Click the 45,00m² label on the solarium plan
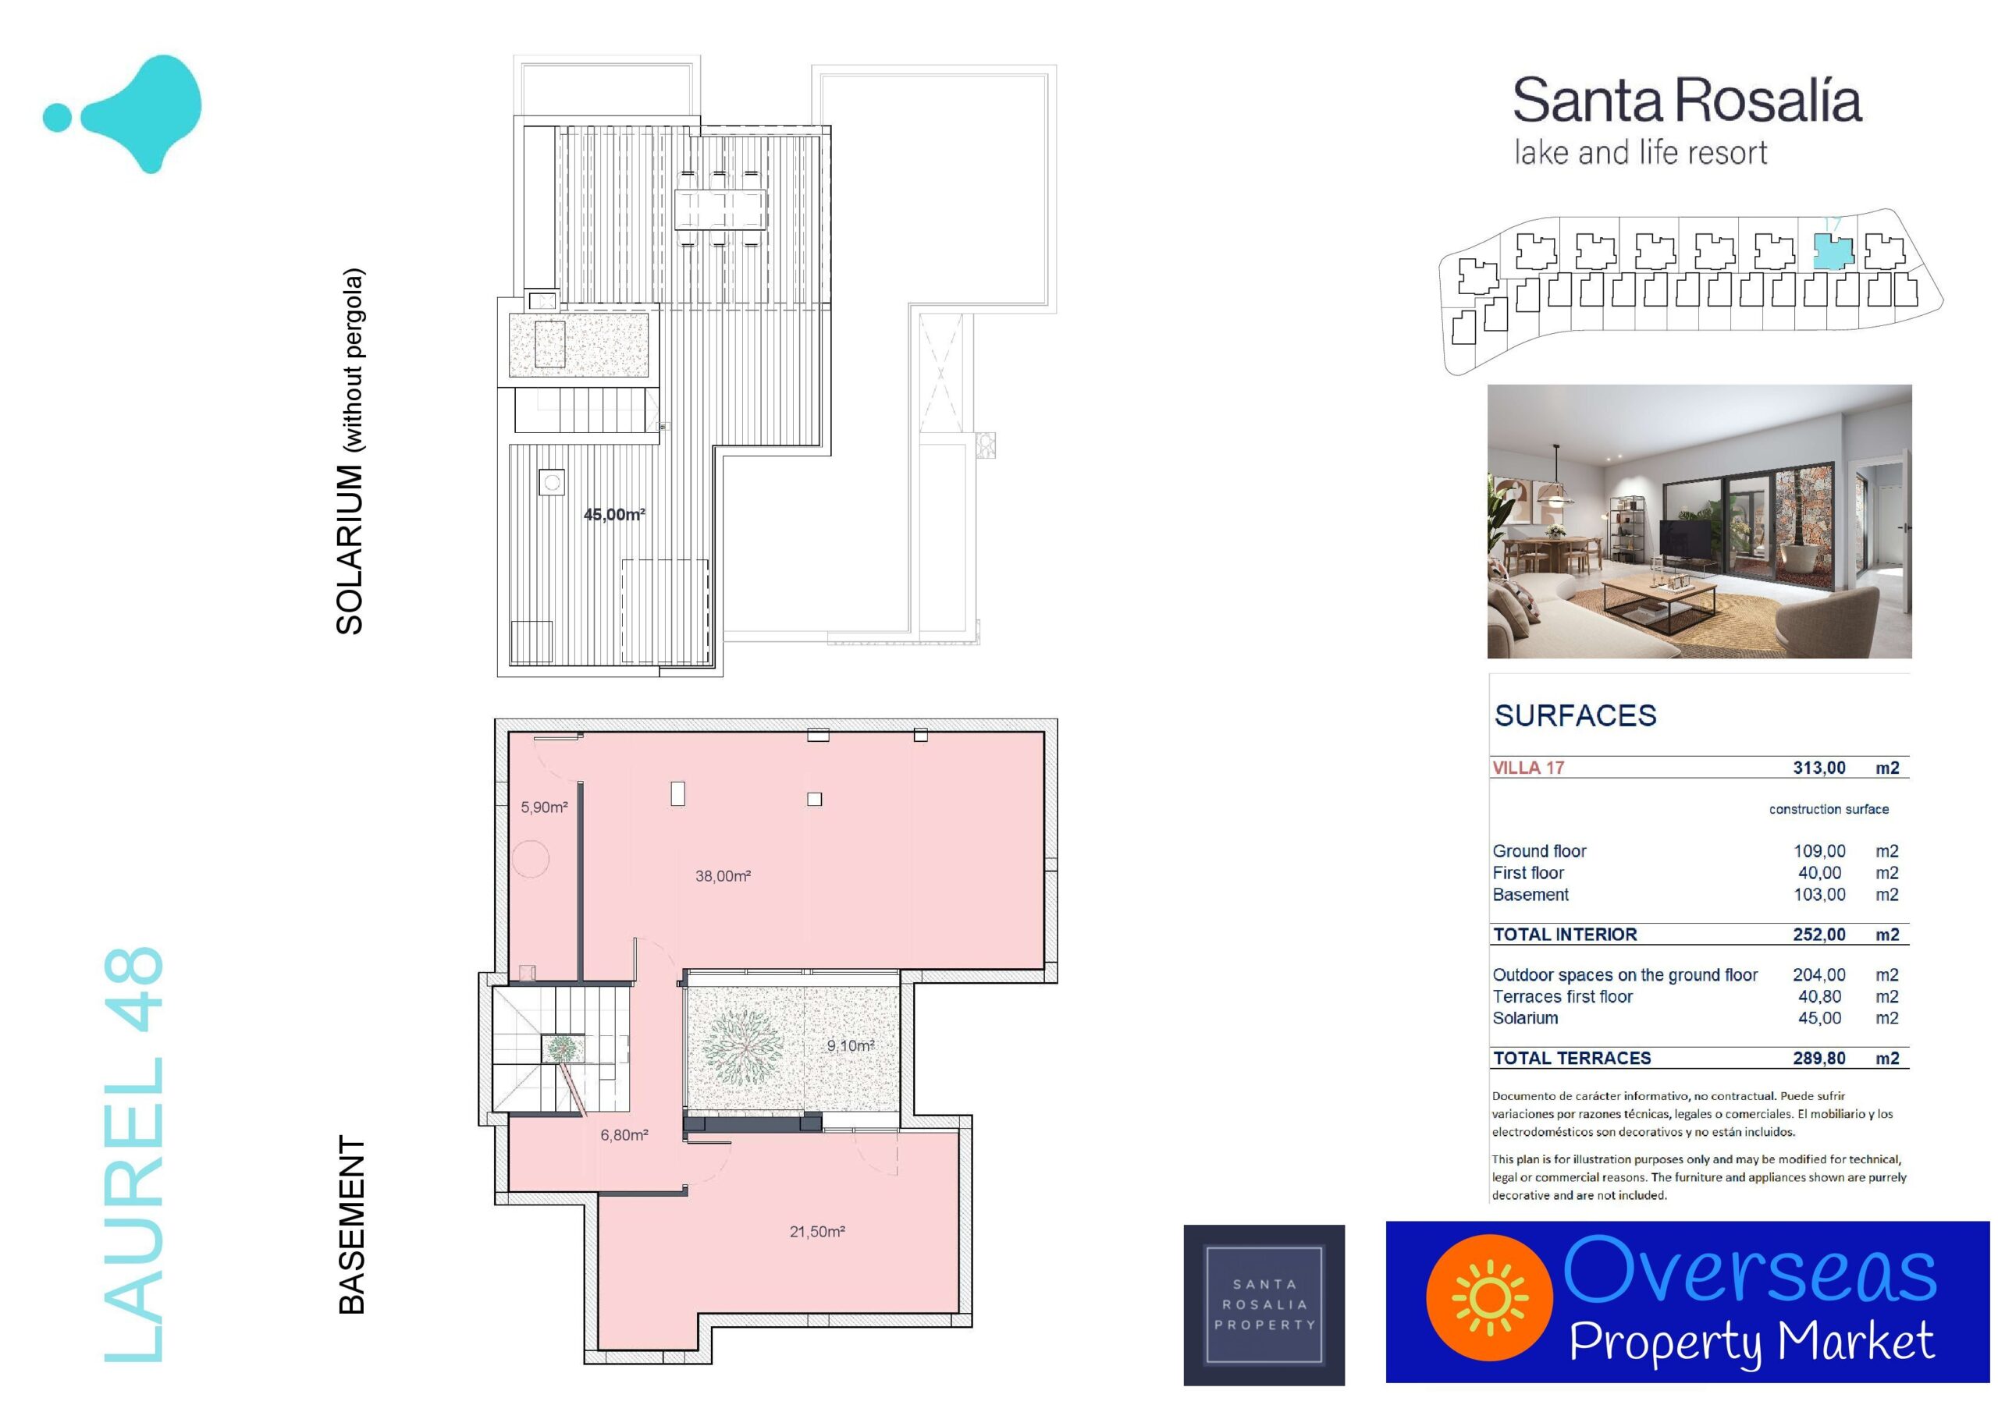tap(613, 514)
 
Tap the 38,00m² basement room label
tap(722, 876)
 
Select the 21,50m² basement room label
tap(817, 1231)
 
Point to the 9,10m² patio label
tap(850, 1045)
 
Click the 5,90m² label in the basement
tap(544, 807)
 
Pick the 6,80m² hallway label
tap(624, 1134)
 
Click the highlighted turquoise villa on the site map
tap(1833, 251)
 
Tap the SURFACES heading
tap(1575, 715)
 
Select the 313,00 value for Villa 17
tap(1818, 768)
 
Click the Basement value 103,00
tap(1818, 894)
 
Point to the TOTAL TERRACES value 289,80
tap(1818, 1058)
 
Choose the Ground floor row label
tap(1539, 851)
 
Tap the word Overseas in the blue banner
tap(1750, 1271)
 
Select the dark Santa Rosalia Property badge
tap(1264, 1305)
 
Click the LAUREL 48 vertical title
tap(133, 1155)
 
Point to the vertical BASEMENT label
tap(350, 1224)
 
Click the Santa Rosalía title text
tap(1687, 101)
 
